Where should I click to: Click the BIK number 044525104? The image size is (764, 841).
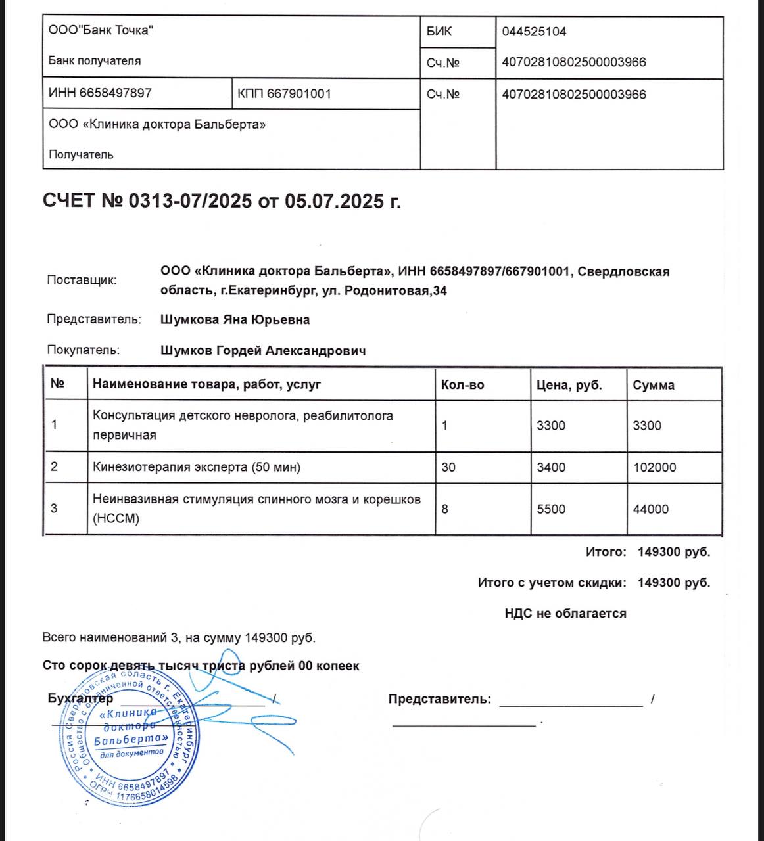[x=534, y=32]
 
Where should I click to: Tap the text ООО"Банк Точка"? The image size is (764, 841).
[x=101, y=30]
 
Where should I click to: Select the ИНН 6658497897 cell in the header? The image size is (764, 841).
[x=100, y=93]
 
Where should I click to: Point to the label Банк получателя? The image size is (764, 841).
[x=95, y=61]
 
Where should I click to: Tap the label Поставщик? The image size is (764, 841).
[x=82, y=280]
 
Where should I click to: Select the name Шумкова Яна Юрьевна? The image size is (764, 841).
[x=235, y=320]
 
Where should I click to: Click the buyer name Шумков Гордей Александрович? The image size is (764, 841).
[x=263, y=351]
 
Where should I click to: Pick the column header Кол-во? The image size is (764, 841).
[x=462, y=385]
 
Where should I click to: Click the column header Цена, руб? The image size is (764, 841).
[x=569, y=385]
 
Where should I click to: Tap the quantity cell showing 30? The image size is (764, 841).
[x=448, y=467]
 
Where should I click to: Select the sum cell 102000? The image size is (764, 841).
[x=654, y=467]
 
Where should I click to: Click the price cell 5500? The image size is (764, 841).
[x=551, y=509]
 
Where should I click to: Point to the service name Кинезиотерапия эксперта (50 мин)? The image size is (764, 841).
[x=197, y=467]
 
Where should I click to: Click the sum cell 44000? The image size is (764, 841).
[x=650, y=509]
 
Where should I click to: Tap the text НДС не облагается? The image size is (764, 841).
[x=565, y=614]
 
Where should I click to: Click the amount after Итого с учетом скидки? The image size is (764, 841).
[x=673, y=583]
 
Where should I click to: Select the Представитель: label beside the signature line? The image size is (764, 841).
[x=439, y=699]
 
